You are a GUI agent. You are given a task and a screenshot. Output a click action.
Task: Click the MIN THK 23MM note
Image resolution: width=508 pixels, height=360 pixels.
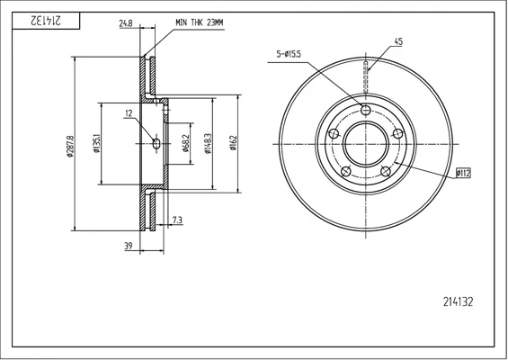pos(200,22)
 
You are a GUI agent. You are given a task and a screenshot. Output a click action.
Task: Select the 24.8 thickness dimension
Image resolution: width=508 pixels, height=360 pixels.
pos(126,23)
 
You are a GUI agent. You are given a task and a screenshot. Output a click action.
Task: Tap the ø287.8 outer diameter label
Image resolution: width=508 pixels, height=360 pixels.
pos(70,146)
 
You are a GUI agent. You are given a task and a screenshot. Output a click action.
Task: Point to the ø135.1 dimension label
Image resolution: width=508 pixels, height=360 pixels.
pos(96,143)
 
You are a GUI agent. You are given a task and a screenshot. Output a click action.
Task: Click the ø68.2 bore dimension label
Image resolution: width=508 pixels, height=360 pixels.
pos(185,143)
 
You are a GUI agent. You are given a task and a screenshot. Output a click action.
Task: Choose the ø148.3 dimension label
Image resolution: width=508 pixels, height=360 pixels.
pos(208,143)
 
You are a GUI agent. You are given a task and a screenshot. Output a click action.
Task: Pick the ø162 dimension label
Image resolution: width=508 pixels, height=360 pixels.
pos(233,143)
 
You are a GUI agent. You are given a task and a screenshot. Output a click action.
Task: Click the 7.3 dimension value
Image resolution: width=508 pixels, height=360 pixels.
pos(177,220)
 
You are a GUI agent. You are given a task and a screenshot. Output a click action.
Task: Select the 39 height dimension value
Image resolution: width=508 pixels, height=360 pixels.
pos(129,247)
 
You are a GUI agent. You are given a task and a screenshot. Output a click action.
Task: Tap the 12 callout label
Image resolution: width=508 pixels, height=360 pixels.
pos(129,113)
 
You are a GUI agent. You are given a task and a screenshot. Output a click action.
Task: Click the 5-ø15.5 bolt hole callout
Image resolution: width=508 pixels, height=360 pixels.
pos(289,54)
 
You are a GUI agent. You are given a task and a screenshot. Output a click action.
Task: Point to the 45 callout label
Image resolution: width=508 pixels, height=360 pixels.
pos(398,41)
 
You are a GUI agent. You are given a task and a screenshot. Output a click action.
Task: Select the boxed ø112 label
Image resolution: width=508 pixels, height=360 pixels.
pos(463,174)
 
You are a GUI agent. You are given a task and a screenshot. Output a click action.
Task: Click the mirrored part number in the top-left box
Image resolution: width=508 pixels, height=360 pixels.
pos(46,21)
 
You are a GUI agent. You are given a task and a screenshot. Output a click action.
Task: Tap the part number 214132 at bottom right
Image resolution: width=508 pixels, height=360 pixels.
pos(458,301)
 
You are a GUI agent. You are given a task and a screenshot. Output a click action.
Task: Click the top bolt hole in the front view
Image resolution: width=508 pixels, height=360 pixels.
pos(366,111)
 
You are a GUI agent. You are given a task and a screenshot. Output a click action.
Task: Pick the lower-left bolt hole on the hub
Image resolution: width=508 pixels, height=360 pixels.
pos(346,171)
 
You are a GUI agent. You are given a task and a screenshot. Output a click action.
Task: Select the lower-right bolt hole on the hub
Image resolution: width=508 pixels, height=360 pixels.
pos(386,171)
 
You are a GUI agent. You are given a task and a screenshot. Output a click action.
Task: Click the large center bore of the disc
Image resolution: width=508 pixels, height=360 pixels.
pos(366,144)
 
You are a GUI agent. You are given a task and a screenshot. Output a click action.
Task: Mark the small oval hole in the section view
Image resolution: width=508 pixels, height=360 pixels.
pos(156,143)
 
